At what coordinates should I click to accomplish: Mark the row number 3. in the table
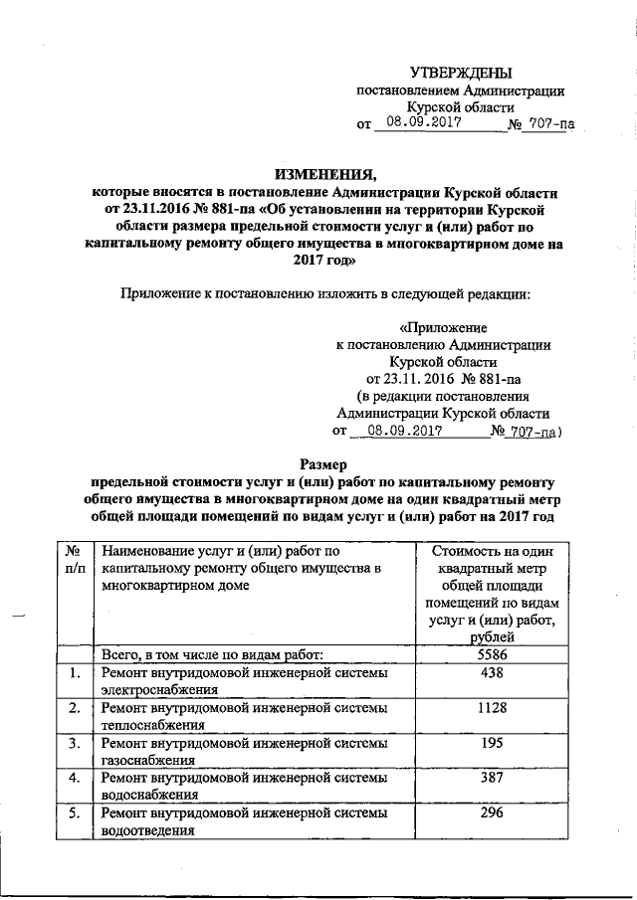pyautogui.click(x=71, y=743)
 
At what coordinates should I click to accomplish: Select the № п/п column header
pyautogui.click(x=71, y=558)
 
